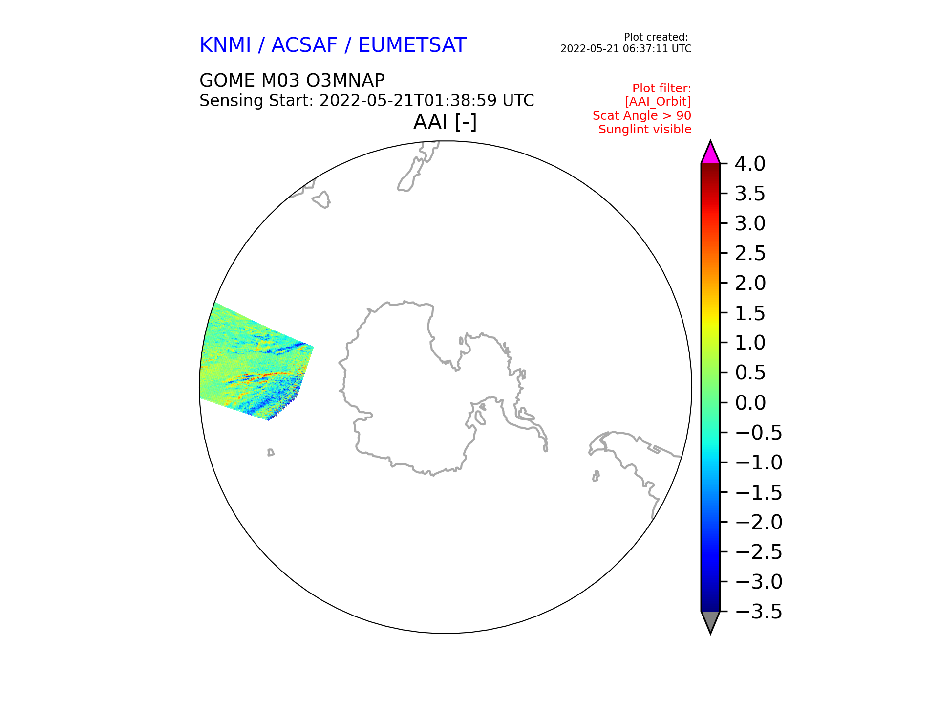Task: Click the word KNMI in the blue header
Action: [225, 45]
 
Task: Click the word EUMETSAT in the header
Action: [412, 45]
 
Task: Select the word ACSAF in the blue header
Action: [304, 45]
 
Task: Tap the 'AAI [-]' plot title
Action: [445, 122]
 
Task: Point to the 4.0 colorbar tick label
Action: [750, 164]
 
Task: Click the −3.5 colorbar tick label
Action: [758, 612]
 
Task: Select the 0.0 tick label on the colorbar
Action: [750, 403]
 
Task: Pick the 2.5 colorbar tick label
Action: [750, 254]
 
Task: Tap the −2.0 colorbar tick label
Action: [758, 522]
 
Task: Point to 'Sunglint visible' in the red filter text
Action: [645, 130]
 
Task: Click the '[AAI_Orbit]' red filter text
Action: [658, 102]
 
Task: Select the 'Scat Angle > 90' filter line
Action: [642, 116]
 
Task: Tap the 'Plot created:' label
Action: [656, 37]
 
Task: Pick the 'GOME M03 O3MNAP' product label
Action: [292, 80]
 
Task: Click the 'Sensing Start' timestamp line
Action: [367, 101]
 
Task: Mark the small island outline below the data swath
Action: [271, 453]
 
